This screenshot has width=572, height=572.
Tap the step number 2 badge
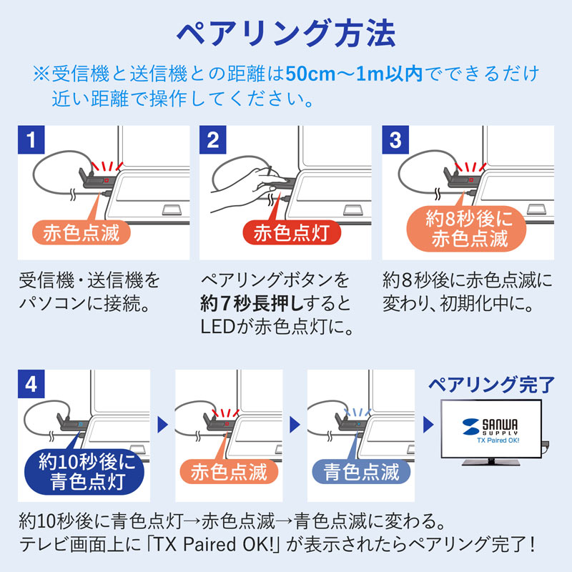(x=212, y=138)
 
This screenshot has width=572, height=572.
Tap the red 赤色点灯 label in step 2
(x=290, y=234)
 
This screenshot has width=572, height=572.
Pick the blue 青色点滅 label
(x=361, y=471)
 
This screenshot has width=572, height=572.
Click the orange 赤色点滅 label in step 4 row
(x=229, y=471)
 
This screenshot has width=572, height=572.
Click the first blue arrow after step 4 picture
(x=162, y=423)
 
